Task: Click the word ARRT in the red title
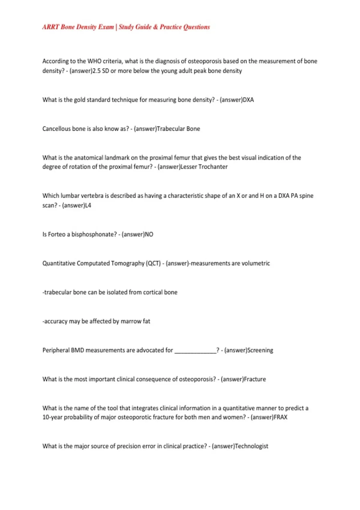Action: pyautogui.click(x=50, y=27)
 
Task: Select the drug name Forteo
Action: pyautogui.click(x=57, y=234)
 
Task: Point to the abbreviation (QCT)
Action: pyautogui.click(x=153, y=263)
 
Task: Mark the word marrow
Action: pyautogui.click(x=131, y=321)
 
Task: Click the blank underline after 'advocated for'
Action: pyautogui.click(x=195, y=350)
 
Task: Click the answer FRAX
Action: pyautogui.click(x=280, y=417)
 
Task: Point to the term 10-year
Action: pyautogui.click(x=52, y=417)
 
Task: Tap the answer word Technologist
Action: pyautogui.click(x=251, y=446)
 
